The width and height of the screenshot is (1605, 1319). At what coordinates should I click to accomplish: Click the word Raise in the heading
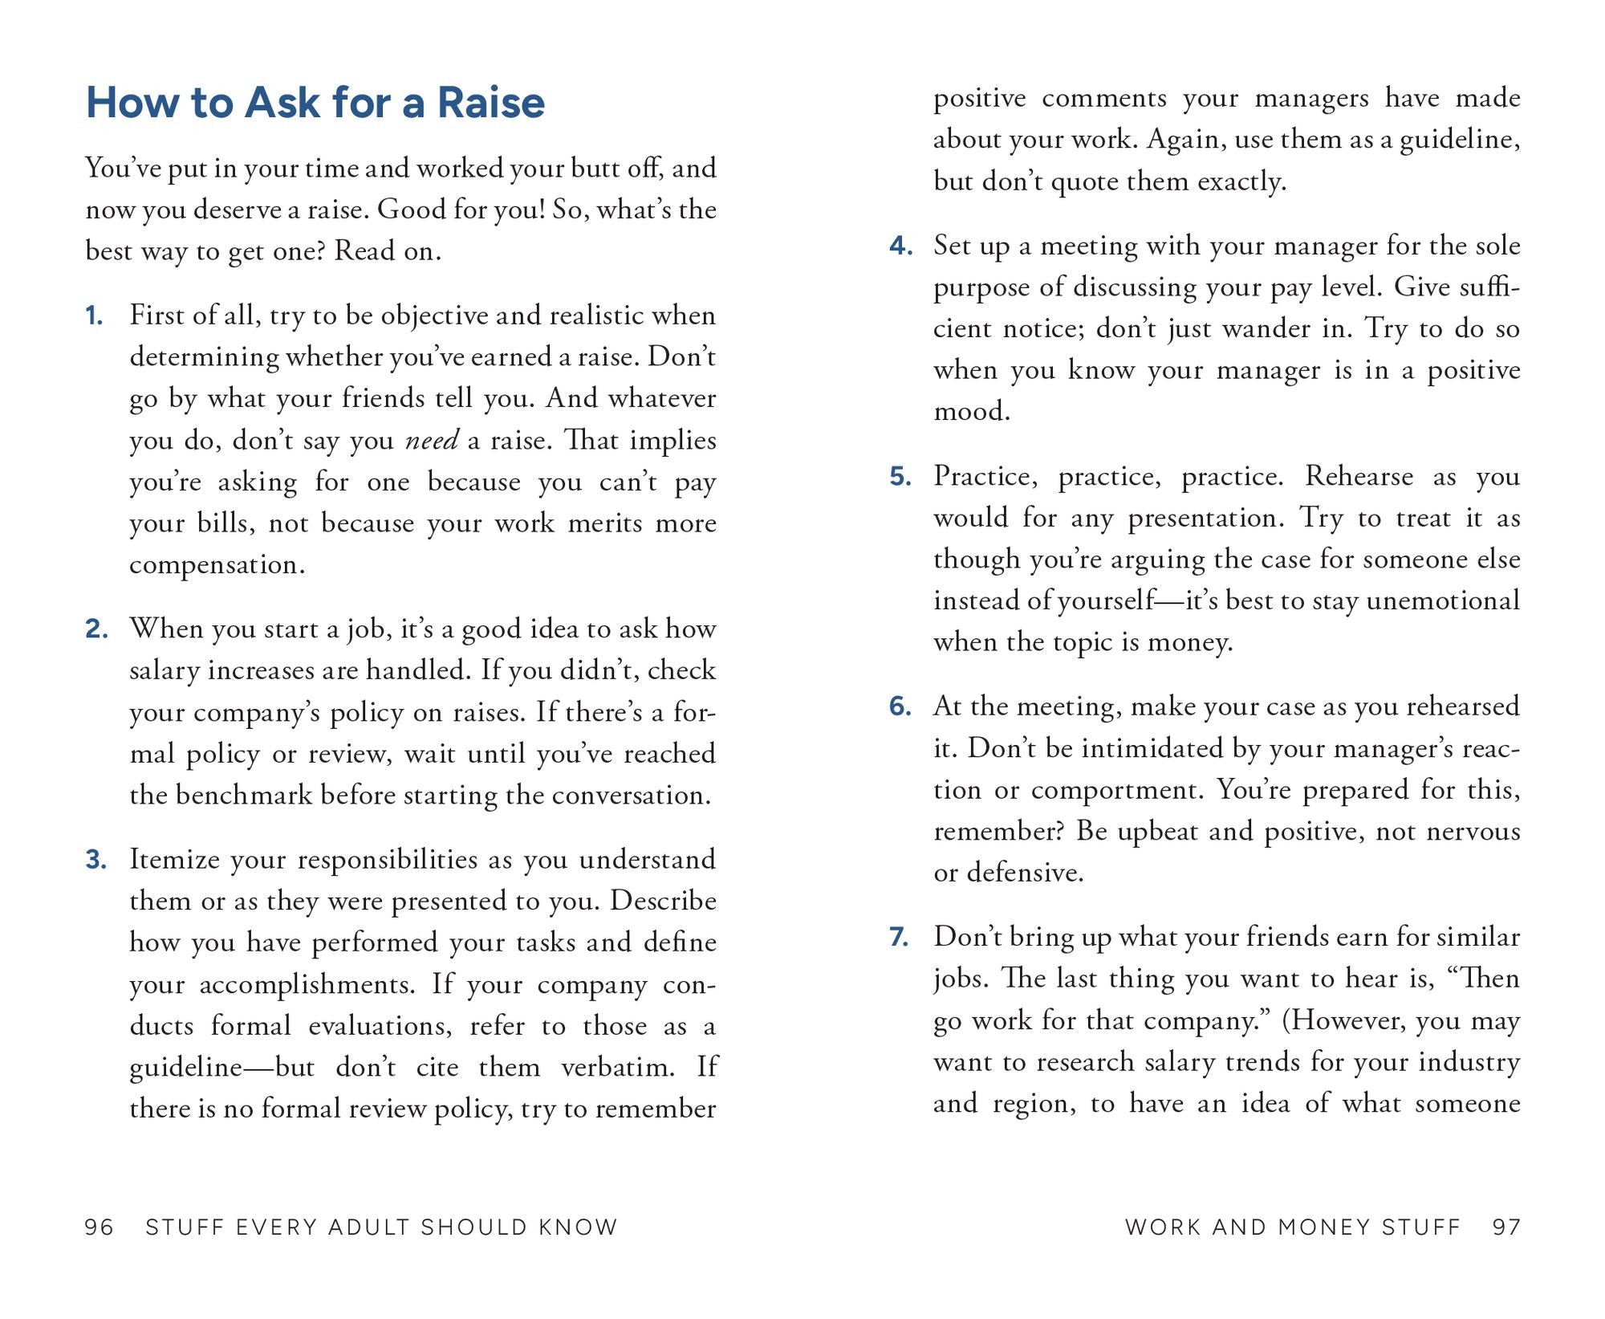point(490,103)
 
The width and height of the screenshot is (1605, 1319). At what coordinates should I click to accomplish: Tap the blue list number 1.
point(94,316)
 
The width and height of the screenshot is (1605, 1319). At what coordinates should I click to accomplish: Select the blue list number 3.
point(95,860)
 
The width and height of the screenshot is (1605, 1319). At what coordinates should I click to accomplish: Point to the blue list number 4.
point(900,246)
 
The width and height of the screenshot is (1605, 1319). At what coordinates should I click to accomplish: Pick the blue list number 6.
point(900,706)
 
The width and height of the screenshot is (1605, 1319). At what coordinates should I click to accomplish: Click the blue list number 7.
point(900,937)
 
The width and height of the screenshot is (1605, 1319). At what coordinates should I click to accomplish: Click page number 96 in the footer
point(100,1227)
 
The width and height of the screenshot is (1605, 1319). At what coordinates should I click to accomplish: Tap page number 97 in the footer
point(1506,1227)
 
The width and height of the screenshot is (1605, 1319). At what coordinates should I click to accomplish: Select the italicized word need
point(432,440)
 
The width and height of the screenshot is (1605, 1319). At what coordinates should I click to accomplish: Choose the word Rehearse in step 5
point(1359,476)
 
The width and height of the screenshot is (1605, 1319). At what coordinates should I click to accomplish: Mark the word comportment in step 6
point(1117,790)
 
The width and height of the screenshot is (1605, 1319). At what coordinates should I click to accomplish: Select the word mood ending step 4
point(971,412)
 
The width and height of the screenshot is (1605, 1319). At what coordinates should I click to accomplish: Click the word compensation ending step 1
point(217,564)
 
